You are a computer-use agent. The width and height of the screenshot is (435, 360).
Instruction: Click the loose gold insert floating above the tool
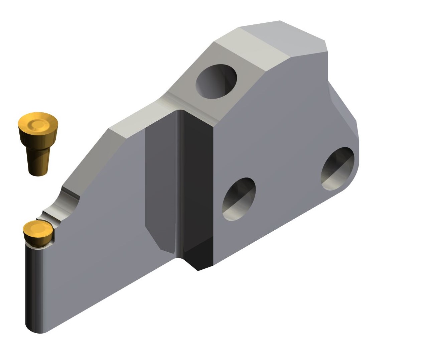pos(38,142)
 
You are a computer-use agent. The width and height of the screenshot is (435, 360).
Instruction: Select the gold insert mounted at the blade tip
pos(37,233)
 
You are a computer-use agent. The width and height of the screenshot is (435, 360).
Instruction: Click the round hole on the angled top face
pos(216,82)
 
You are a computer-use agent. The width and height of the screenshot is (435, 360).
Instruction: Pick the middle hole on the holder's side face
pos(239,199)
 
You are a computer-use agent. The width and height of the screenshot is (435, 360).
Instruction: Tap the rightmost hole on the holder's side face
pos(337,169)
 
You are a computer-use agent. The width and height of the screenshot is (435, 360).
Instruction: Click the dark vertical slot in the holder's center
pos(195,187)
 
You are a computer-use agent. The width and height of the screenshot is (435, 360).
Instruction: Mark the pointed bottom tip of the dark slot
pos(198,267)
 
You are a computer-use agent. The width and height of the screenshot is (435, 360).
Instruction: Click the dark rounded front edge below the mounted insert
pos(33,284)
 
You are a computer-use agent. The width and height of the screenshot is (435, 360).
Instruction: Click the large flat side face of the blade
pos(100,234)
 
